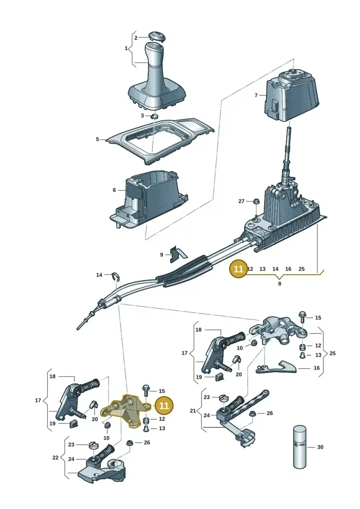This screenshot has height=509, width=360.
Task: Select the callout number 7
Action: pos(256,95)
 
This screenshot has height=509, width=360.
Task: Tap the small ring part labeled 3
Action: pos(155,116)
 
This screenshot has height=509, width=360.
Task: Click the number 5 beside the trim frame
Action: pos(97,139)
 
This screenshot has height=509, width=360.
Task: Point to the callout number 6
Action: pos(114,190)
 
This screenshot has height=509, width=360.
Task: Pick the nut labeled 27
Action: pos(256,201)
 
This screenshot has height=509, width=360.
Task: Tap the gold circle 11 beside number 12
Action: pos(238,269)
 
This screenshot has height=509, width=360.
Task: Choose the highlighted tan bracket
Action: pos(125,410)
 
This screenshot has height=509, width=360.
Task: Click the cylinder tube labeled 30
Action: pos(300,447)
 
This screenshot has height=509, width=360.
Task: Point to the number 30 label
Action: pos(320,447)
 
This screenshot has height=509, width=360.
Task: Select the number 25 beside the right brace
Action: pos(333,353)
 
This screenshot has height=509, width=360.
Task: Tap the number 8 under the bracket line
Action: pos(279,284)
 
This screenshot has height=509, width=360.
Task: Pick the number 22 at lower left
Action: pos(55,457)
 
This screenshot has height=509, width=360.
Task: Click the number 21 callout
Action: pos(193,410)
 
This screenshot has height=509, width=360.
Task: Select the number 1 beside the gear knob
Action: pos(126,48)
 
